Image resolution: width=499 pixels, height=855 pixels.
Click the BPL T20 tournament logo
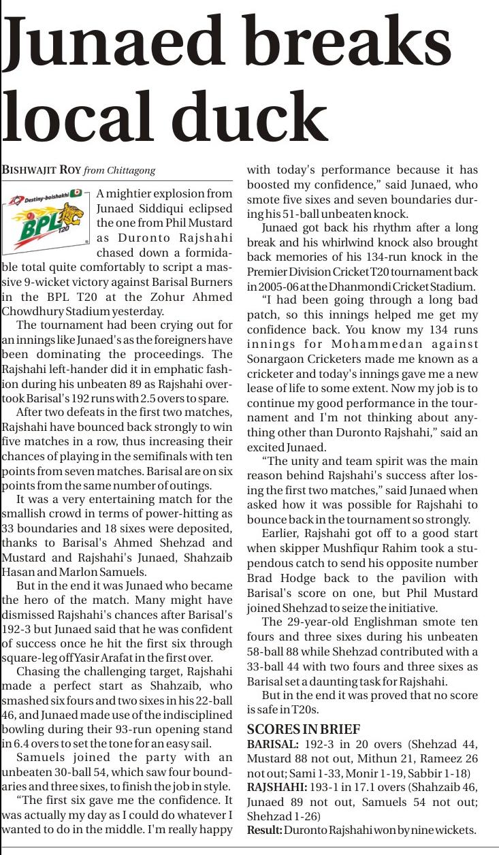tap(46, 216)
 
